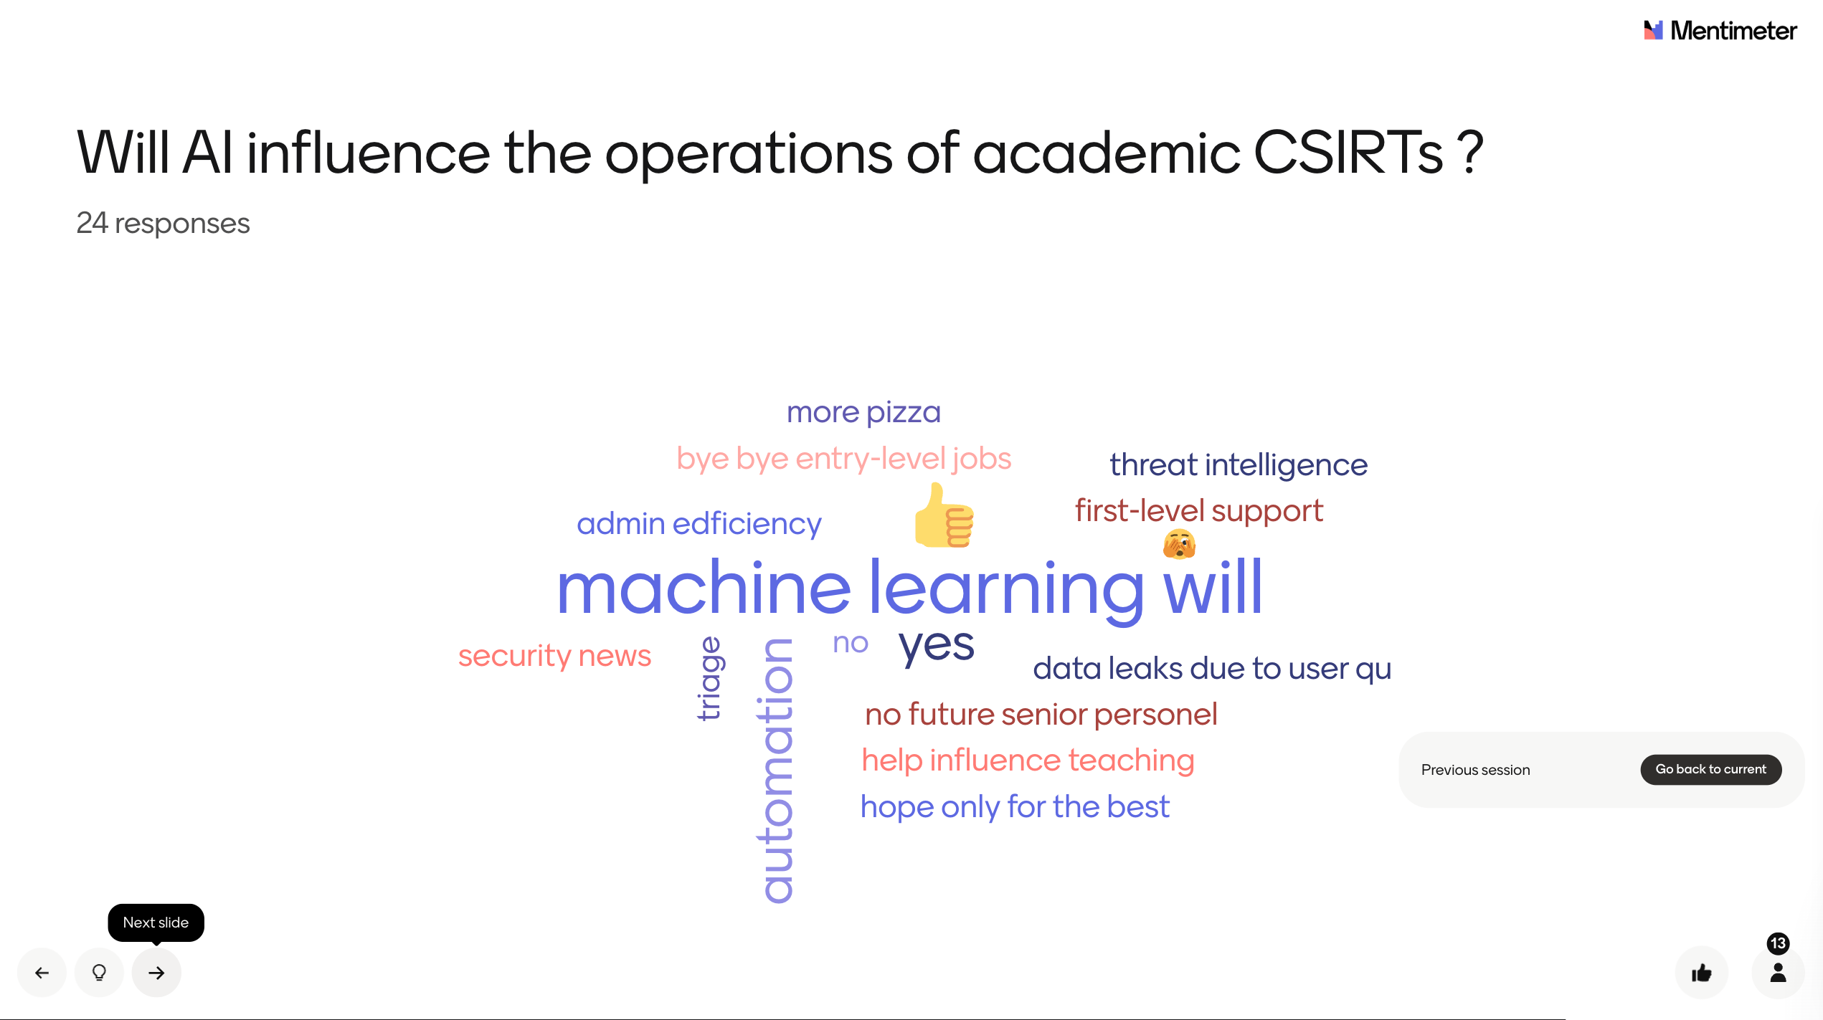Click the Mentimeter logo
click(x=1720, y=30)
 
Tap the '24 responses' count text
click(x=163, y=224)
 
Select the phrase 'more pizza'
click(x=863, y=413)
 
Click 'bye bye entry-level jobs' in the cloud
click(x=843, y=459)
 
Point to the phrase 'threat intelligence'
click(x=1239, y=465)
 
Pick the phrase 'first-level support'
click(x=1198, y=511)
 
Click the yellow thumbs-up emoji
click(x=944, y=515)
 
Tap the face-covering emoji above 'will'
click(x=1179, y=544)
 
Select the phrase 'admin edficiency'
click(x=699, y=525)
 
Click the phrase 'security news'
click(x=554, y=656)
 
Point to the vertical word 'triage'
click(x=709, y=678)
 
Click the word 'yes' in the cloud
click(x=936, y=644)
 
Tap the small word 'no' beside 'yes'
click(x=851, y=644)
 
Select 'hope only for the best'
click(x=1015, y=807)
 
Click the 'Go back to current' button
click(x=1710, y=770)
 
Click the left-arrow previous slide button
click(x=42, y=973)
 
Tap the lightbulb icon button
click(x=99, y=973)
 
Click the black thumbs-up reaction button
click(x=1701, y=973)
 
